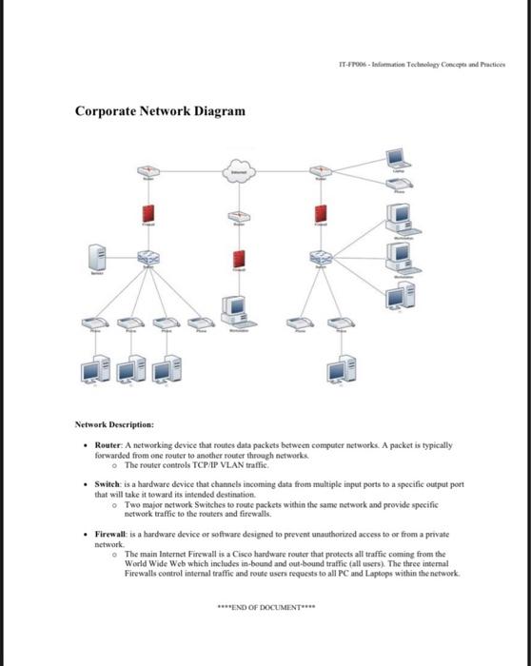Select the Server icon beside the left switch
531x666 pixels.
[95, 257]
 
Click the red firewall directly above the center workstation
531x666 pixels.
[239, 261]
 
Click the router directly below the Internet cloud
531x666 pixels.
[239, 219]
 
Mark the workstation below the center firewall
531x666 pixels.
[237, 309]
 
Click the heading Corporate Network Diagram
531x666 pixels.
[160, 111]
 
